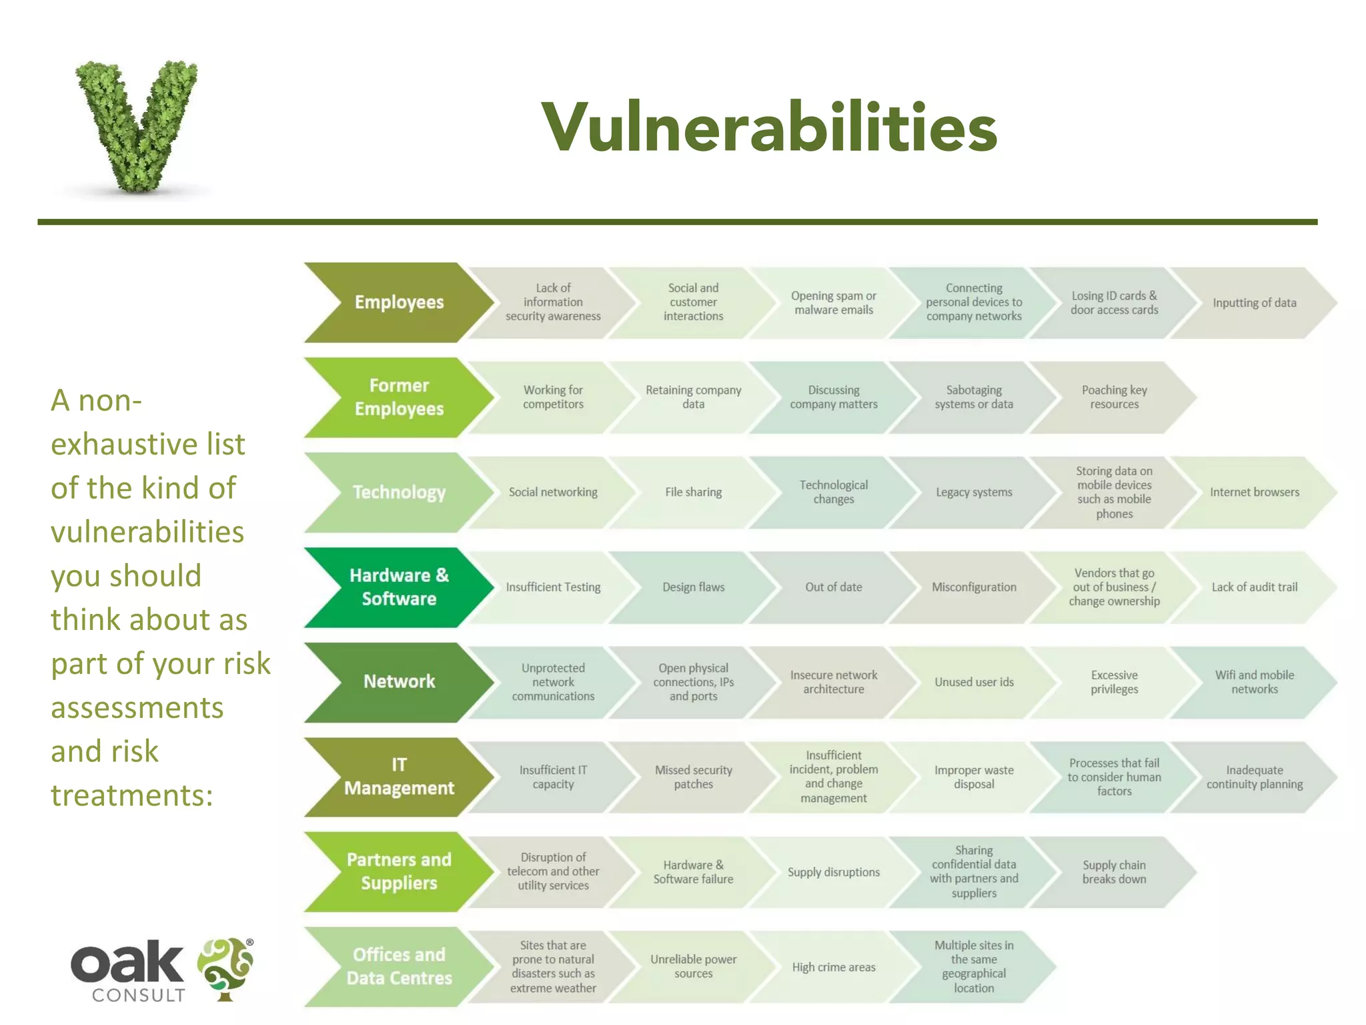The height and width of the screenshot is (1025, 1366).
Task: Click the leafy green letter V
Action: [x=137, y=123]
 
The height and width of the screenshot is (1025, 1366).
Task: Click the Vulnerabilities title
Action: [x=769, y=127]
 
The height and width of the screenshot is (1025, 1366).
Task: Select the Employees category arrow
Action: [x=398, y=302]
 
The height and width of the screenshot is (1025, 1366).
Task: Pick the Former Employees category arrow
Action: [x=398, y=398]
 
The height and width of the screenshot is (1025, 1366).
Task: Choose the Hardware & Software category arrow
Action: [x=398, y=587]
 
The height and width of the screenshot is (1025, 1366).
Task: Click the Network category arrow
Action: [x=398, y=682]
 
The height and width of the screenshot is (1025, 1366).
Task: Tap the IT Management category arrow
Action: [x=398, y=777]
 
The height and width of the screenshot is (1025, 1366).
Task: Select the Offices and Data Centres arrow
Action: [x=398, y=966]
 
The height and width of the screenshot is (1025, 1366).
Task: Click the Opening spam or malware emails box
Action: [x=833, y=303]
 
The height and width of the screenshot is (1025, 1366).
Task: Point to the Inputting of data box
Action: [x=1254, y=303]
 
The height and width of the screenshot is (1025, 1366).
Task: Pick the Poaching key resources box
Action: [x=1114, y=398]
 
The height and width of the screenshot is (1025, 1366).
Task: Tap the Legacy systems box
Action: [x=974, y=492]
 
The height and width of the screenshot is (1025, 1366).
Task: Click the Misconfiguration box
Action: [x=974, y=587]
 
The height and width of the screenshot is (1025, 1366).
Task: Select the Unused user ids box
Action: [x=974, y=682]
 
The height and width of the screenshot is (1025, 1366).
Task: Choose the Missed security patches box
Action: [x=693, y=777]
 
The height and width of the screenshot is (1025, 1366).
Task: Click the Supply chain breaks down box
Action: [x=1114, y=872]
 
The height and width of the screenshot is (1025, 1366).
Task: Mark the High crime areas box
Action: [x=833, y=967]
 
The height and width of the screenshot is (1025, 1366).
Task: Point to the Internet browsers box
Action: [x=1254, y=492]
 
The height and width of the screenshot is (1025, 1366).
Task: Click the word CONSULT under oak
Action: [x=138, y=996]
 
